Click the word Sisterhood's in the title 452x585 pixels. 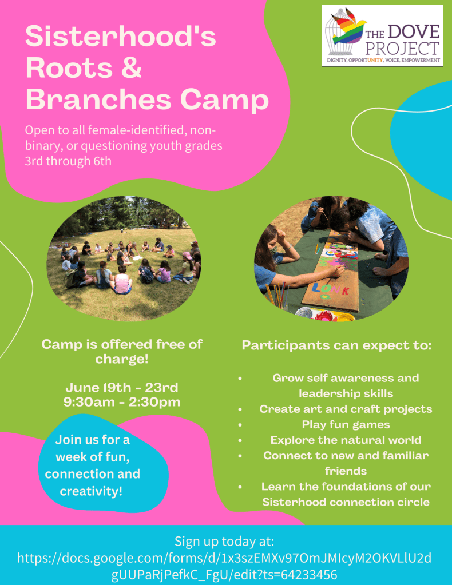pyautogui.click(x=121, y=36)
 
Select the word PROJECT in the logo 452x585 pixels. pyautogui.click(x=402, y=49)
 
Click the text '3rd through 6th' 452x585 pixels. pyautogui.click(x=68, y=161)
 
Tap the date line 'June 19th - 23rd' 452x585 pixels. pyautogui.click(x=122, y=387)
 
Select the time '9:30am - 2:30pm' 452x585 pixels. pyautogui.click(x=122, y=402)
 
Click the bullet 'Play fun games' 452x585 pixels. pyautogui.click(x=346, y=424)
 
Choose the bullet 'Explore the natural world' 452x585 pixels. pyautogui.click(x=346, y=440)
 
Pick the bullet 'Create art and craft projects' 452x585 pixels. pyautogui.click(x=346, y=409)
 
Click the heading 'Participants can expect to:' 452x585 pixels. pyautogui.click(x=336, y=345)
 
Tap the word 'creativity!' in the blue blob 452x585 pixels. pyautogui.click(x=91, y=491)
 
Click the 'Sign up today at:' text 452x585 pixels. pyautogui.click(x=224, y=541)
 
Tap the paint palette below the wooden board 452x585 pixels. pyautogui.click(x=325, y=315)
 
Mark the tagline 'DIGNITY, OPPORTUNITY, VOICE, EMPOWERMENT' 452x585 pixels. pyautogui.click(x=383, y=60)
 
